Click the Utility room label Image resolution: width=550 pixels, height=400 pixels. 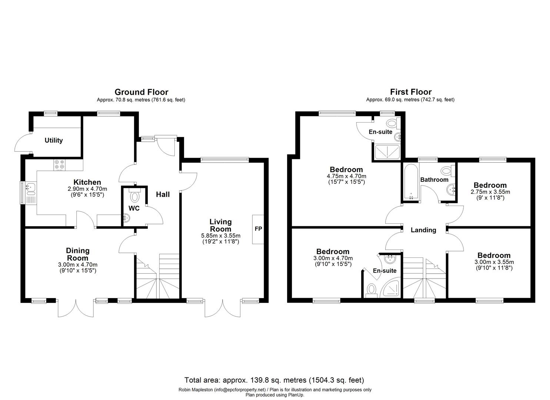[x=54, y=140]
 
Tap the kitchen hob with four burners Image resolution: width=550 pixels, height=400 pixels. [x=59, y=164]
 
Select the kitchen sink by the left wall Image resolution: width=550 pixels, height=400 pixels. [x=30, y=189]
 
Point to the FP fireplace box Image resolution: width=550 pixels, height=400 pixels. [x=258, y=229]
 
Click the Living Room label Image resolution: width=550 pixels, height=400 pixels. [x=220, y=225]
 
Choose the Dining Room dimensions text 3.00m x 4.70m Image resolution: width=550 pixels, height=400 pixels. [x=78, y=264]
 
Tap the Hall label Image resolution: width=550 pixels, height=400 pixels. [x=163, y=194]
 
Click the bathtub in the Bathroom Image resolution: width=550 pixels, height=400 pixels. [x=411, y=182]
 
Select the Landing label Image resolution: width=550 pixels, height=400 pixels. [x=423, y=230]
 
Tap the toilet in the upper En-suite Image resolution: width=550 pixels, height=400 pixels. [x=391, y=123]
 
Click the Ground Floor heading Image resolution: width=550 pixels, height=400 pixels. [x=141, y=92]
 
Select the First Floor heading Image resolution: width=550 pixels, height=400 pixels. [x=410, y=92]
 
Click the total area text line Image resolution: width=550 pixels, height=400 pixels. [x=274, y=380]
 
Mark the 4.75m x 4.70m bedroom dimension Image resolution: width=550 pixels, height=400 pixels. [x=344, y=176]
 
